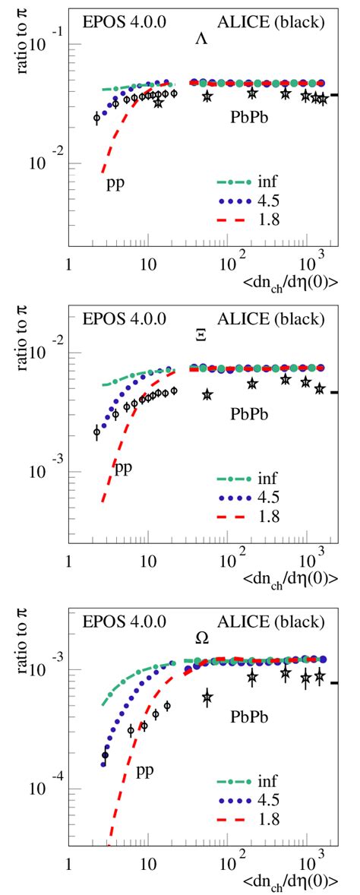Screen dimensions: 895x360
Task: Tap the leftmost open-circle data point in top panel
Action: click(x=96, y=118)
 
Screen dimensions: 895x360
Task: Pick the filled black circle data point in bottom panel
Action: click(x=105, y=755)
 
